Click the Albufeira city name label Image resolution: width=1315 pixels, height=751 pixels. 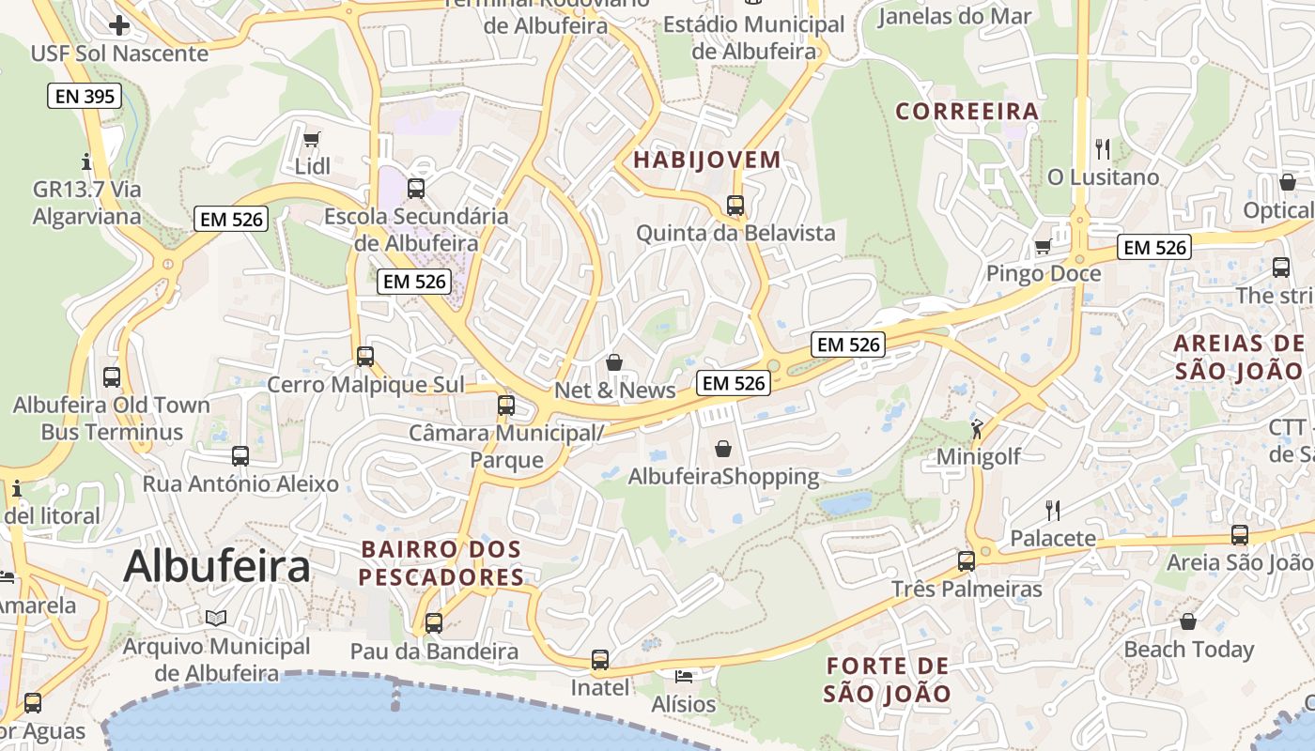[216, 566]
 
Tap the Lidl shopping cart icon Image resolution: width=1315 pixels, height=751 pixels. [311, 139]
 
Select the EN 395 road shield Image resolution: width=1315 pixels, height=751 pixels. [85, 95]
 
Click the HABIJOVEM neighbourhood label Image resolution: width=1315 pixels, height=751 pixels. [706, 160]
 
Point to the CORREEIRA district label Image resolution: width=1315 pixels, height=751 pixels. [967, 112]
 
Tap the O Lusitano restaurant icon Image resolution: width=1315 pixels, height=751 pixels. [1103, 148]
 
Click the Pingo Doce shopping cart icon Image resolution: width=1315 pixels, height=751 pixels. [1042, 247]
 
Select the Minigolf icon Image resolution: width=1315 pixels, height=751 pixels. [977, 429]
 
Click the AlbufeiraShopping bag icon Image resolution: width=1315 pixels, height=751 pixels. [722, 449]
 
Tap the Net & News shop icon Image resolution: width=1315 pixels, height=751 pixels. [614, 361]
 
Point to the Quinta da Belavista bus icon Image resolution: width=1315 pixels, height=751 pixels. [735, 205]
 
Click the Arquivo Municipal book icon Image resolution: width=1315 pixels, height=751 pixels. [216, 618]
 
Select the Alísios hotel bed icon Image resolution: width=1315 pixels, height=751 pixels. [683, 676]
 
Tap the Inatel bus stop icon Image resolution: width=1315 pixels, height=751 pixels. [600, 659]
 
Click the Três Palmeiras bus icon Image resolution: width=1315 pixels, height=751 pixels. [966, 561]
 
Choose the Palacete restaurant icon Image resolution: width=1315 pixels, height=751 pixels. [1053, 510]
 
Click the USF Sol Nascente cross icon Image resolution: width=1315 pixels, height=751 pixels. [119, 24]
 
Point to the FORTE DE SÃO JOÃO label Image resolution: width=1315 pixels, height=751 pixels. [888, 680]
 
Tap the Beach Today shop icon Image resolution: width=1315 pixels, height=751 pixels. [1188, 621]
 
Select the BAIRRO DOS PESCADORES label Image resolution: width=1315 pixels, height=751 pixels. [441, 562]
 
